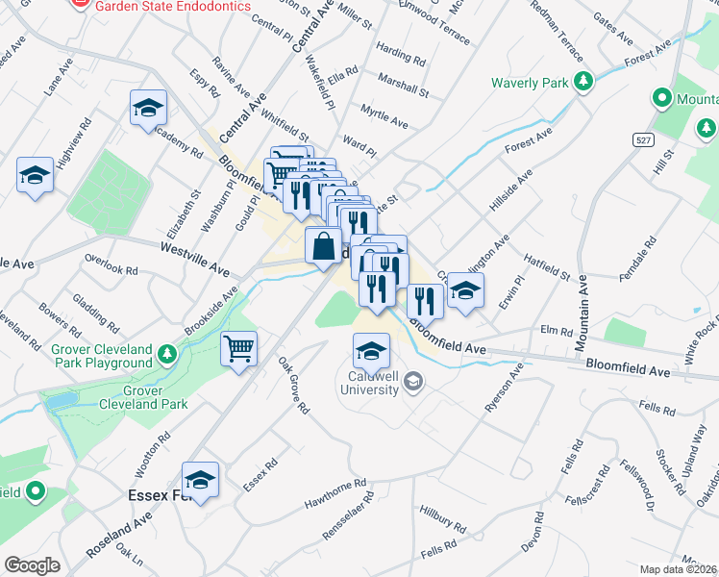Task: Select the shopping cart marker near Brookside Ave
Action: coord(238,350)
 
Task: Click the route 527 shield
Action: coord(644,139)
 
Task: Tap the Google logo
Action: coord(32,565)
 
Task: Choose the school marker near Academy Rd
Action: coord(149,109)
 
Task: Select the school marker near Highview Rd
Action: coord(35,176)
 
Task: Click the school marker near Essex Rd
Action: coord(200,480)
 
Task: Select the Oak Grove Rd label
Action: coord(293,387)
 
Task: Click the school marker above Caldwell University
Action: coord(371,352)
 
